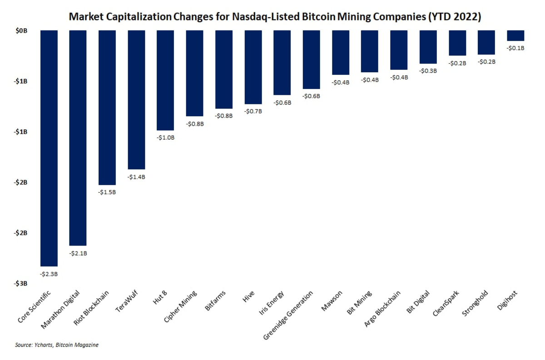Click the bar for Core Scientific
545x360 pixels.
pos(49,148)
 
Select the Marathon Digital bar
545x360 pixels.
pos(78,138)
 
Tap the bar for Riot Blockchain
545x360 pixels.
pos(107,108)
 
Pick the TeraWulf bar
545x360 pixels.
pos(137,99)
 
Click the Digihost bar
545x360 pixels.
pos(515,36)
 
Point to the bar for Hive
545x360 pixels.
pos(253,67)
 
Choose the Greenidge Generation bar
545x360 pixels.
pos(312,59)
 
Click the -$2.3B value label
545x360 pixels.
pos(49,274)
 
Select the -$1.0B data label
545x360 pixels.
pos(166,138)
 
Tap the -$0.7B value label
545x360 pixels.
pos(253,111)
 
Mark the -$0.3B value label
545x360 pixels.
pos(428,71)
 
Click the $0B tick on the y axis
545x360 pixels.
pos(21,31)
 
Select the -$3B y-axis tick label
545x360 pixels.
pos(20,283)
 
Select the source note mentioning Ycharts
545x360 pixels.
pos(56,345)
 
